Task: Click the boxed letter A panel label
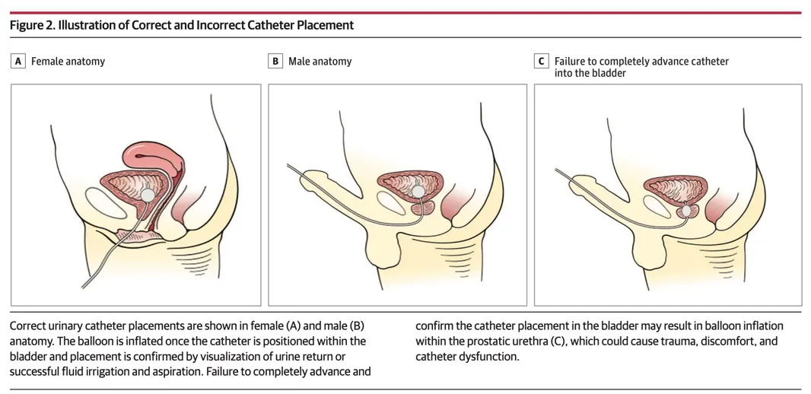(x=18, y=61)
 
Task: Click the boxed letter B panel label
(x=276, y=61)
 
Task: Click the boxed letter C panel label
(x=542, y=61)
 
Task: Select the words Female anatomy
(x=68, y=61)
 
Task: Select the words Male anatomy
(x=320, y=61)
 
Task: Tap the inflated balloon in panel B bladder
(x=418, y=191)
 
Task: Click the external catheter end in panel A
(x=84, y=285)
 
